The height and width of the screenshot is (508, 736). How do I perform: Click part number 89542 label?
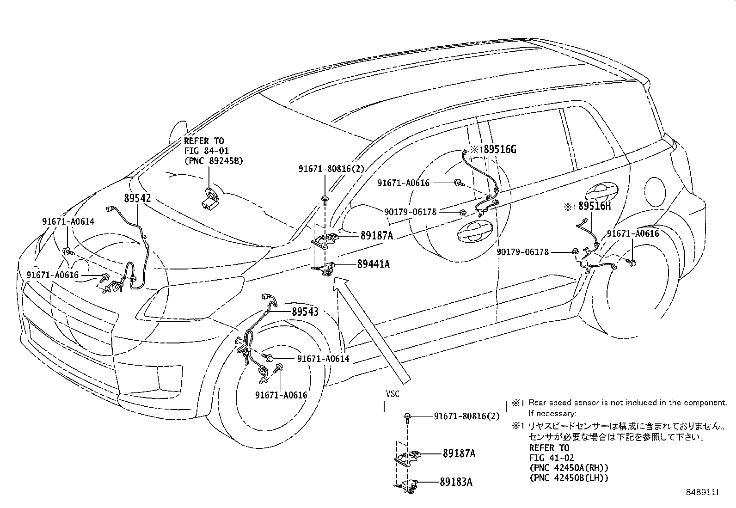pyautogui.click(x=137, y=198)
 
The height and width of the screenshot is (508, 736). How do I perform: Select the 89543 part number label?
pyautogui.click(x=305, y=312)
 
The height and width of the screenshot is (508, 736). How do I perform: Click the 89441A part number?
pyautogui.click(x=373, y=264)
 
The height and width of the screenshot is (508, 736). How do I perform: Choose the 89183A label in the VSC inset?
pyautogui.click(x=457, y=482)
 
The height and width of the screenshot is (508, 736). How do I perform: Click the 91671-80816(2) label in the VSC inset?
pyautogui.click(x=467, y=416)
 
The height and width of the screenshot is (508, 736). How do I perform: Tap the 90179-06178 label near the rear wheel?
pyautogui.click(x=522, y=252)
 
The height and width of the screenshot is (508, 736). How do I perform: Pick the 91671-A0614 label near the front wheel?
pyautogui.click(x=323, y=359)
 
